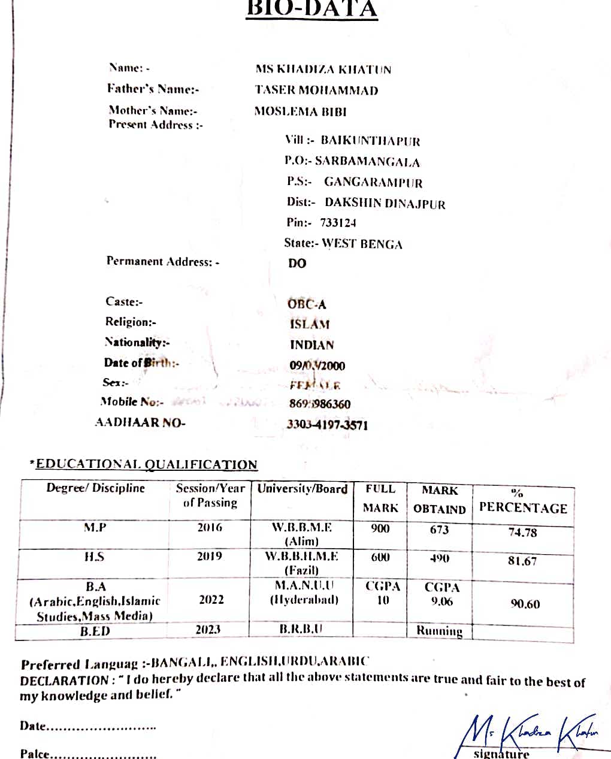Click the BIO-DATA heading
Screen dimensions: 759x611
point(311,8)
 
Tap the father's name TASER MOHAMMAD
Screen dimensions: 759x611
point(316,90)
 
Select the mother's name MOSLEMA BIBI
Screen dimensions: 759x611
point(300,111)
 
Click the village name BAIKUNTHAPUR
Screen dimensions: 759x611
point(370,141)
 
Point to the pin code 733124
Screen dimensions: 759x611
point(338,223)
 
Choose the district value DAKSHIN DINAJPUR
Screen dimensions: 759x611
point(385,204)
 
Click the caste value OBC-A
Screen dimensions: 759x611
point(307,304)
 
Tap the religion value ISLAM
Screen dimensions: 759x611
point(310,324)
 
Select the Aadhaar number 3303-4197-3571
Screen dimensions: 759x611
point(327,425)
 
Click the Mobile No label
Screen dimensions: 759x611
point(132,402)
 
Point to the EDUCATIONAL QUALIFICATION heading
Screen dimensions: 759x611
point(146,464)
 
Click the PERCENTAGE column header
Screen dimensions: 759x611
point(523,508)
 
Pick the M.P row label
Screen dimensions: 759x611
point(95,528)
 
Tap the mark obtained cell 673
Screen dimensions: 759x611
point(439,530)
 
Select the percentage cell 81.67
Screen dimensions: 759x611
point(522,561)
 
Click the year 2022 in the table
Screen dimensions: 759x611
point(211,600)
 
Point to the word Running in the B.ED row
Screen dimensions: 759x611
point(439,631)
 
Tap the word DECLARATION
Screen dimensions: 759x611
point(64,681)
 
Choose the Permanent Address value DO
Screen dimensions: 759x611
point(297,264)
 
